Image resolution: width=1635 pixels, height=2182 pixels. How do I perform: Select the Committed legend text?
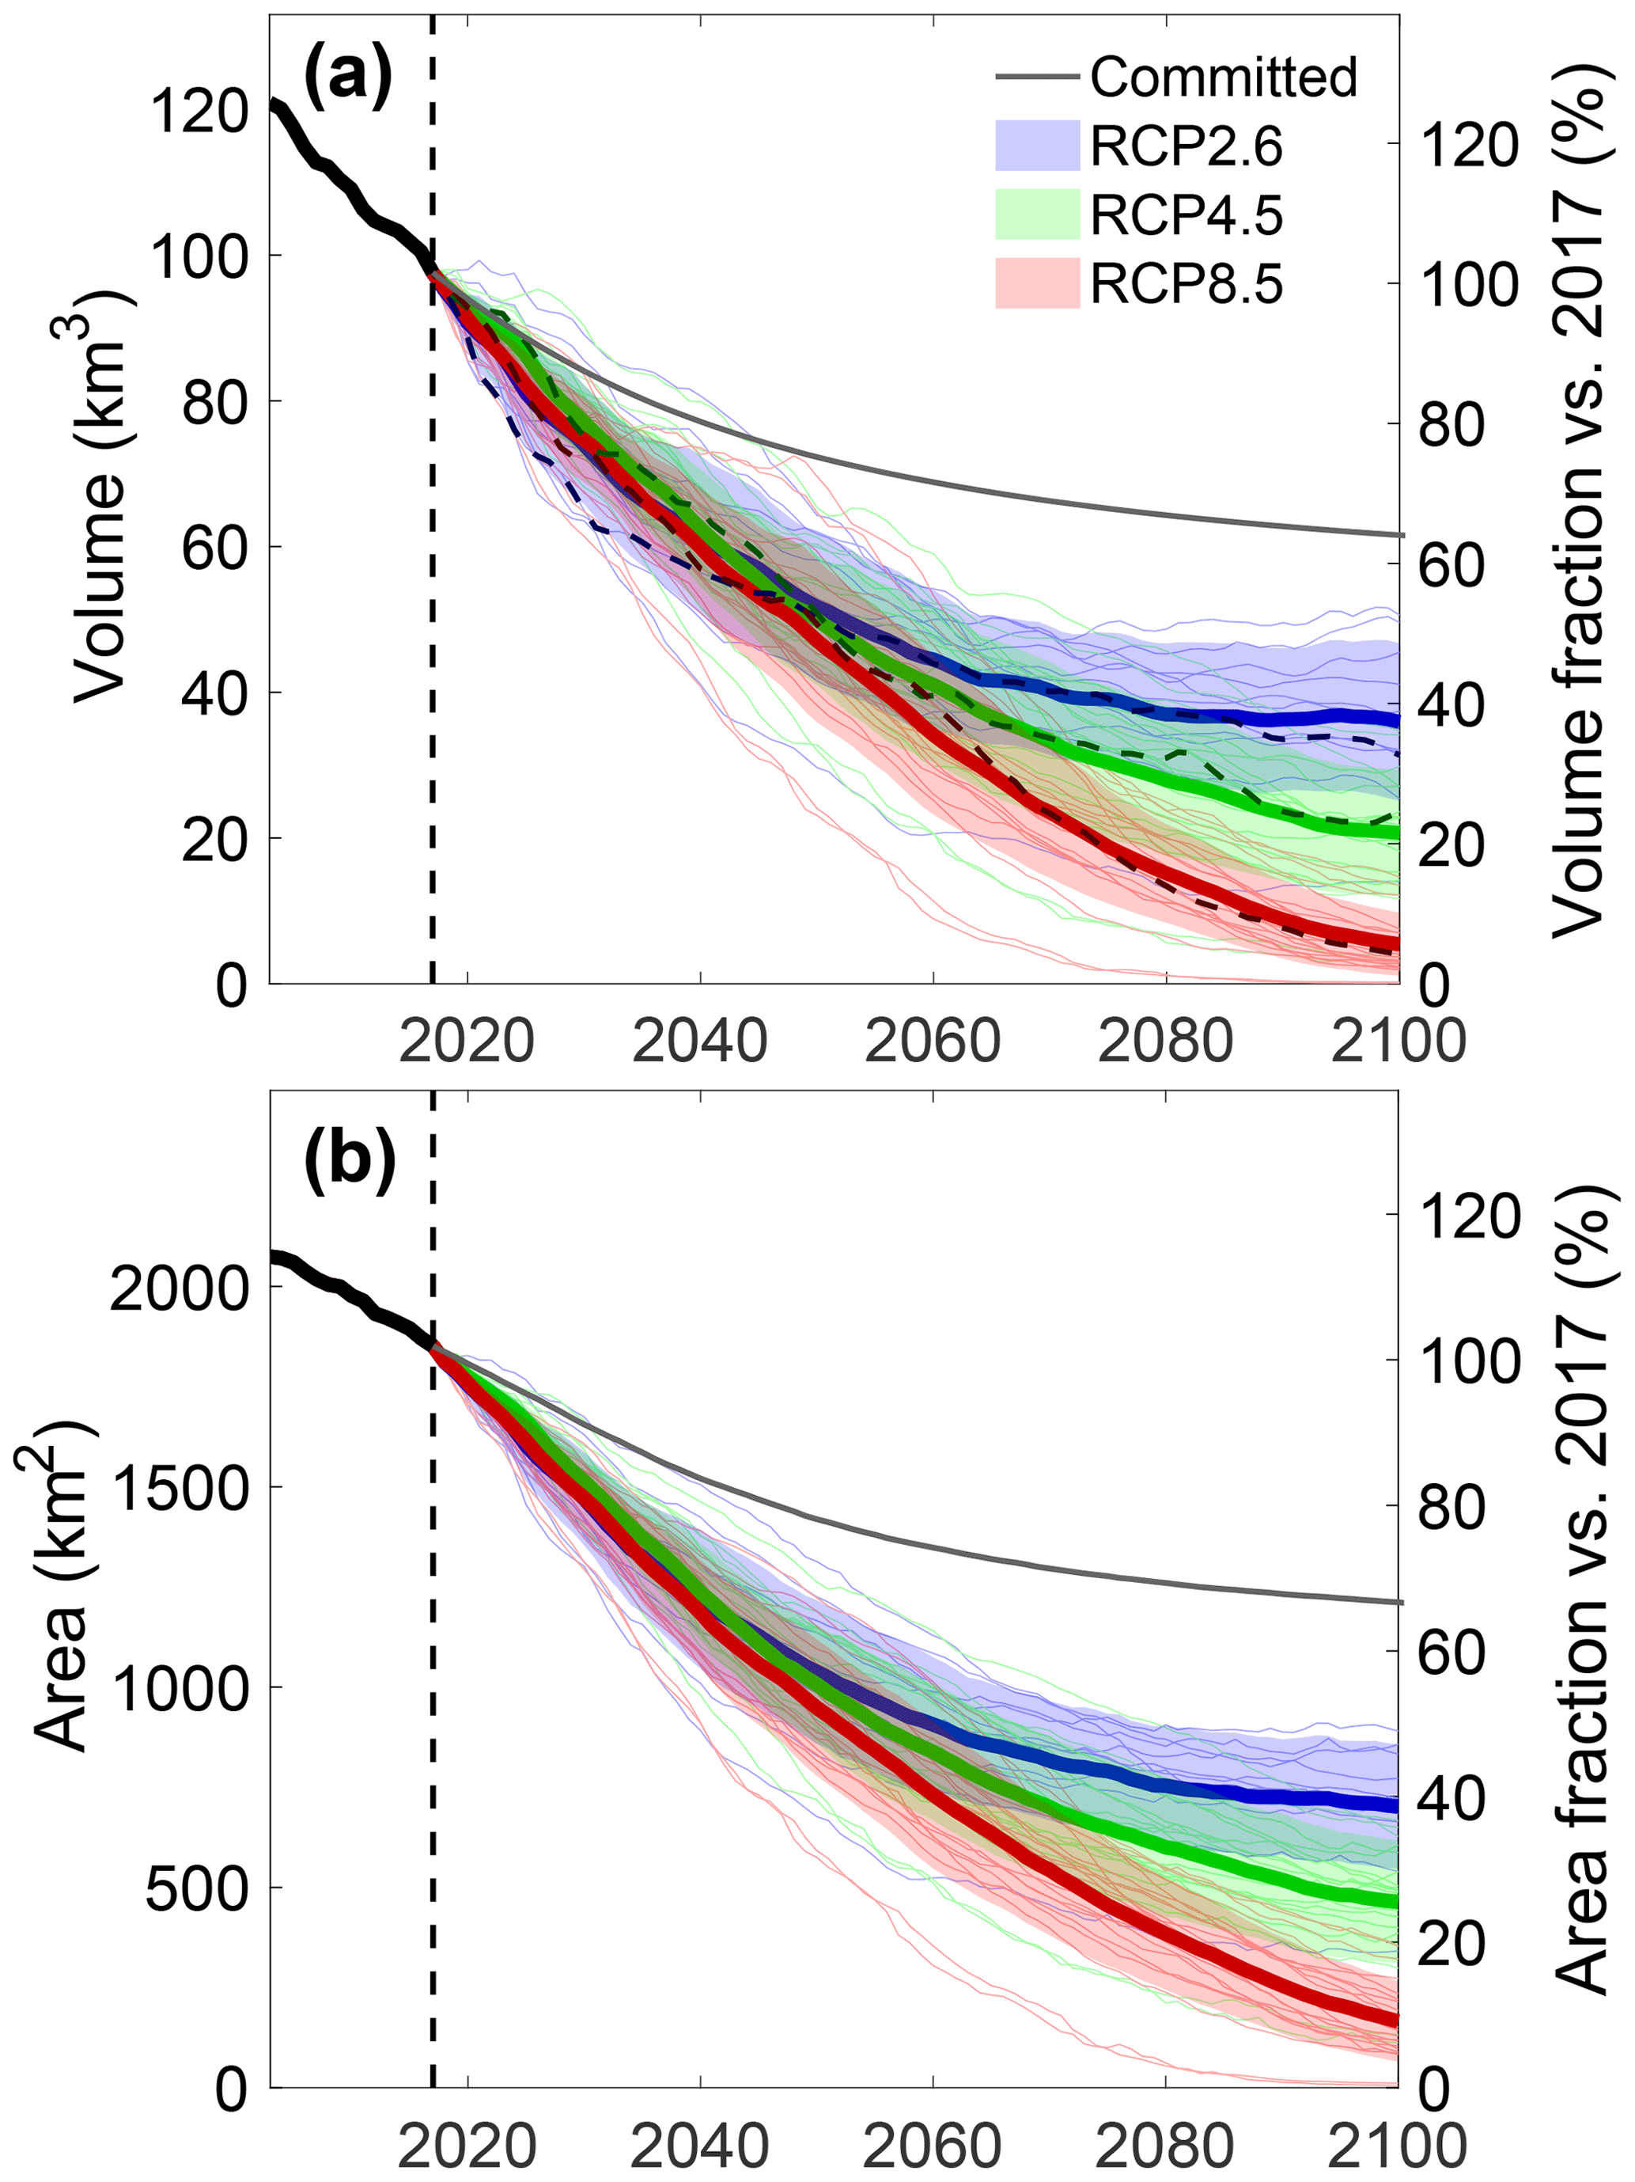coord(1223,77)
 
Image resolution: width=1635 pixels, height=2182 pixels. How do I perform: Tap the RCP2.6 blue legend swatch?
coord(1038,145)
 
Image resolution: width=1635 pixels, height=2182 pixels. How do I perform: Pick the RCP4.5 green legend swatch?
coord(1038,214)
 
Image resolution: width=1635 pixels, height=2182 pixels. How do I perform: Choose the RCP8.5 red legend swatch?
coord(1038,284)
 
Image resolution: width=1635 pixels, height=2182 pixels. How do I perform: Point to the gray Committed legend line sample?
coord(1038,77)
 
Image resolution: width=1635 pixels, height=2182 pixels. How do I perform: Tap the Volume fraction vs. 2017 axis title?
coord(1580,496)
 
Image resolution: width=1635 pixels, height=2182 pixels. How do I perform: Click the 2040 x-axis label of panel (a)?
coord(699,1041)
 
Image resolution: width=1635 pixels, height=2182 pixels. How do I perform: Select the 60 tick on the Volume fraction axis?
coord(1451,565)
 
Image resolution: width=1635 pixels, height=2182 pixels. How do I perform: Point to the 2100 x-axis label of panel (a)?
coord(1398,1041)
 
